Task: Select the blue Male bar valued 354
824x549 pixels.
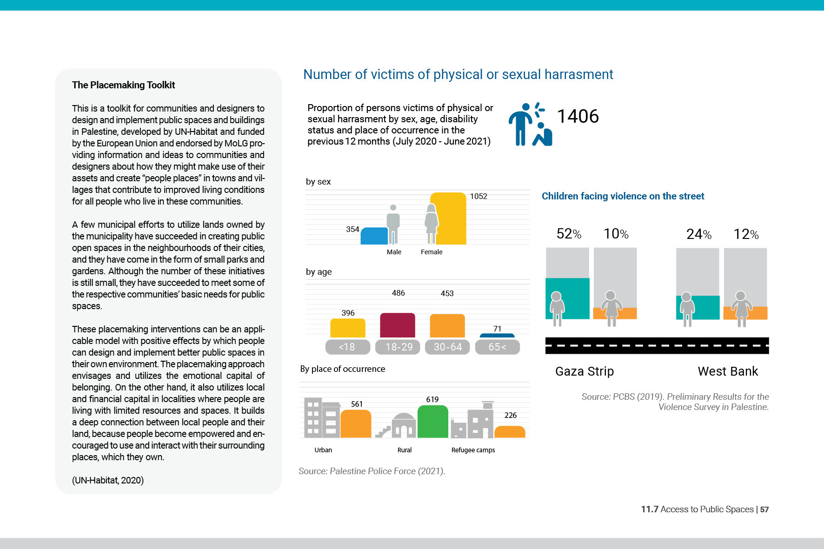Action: click(x=374, y=236)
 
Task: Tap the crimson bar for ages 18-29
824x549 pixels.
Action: click(x=398, y=325)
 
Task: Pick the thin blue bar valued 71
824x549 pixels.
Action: click(x=497, y=335)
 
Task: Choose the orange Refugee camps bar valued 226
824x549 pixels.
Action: click(x=510, y=432)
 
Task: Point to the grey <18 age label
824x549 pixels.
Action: click(x=347, y=347)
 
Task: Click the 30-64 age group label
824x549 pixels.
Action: click(x=448, y=347)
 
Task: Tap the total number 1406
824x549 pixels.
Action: click(x=578, y=116)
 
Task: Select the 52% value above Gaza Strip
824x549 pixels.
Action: click(x=569, y=234)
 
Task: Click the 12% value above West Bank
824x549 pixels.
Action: click(x=746, y=234)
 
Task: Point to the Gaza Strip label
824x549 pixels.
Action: click(x=585, y=371)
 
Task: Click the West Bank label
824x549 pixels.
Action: click(x=728, y=371)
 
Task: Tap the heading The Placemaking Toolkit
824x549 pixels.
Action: click(x=123, y=85)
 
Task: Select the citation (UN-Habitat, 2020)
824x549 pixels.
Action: click(x=108, y=480)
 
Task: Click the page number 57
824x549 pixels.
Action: click(x=764, y=509)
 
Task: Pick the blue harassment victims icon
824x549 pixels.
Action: click(x=530, y=124)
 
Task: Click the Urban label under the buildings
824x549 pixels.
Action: click(x=323, y=450)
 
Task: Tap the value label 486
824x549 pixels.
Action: click(x=399, y=293)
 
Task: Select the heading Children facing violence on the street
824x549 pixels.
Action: click(x=623, y=196)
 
